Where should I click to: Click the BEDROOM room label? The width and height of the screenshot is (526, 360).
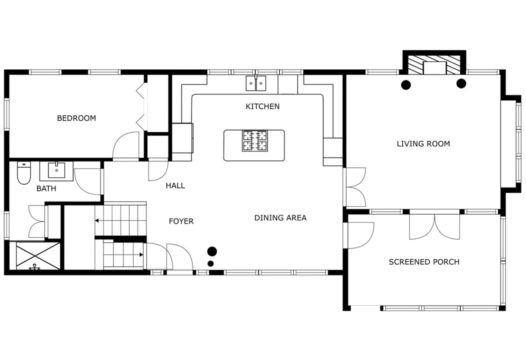tap(77, 118)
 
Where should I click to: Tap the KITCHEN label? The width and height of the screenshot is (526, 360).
tap(263, 106)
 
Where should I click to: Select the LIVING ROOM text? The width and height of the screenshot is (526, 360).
tap(423, 144)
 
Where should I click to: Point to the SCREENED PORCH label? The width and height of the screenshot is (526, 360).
tap(424, 261)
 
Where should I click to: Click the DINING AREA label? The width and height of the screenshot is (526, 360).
tap(281, 218)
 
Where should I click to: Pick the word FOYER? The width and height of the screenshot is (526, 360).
tap(181, 221)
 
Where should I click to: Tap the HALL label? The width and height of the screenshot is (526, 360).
tap(175, 186)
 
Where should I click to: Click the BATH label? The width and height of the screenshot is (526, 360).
tap(46, 188)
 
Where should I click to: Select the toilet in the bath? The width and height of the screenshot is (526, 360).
tap(24, 173)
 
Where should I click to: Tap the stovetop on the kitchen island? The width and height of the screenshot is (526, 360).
tap(255, 141)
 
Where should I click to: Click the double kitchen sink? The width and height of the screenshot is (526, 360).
tap(256, 83)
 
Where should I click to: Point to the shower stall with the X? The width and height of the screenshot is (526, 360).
tap(38, 256)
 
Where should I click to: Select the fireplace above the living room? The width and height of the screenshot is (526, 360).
tap(434, 63)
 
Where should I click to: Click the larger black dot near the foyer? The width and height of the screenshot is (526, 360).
tap(212, 251)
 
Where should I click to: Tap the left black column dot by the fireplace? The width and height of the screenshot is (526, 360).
tap(406, 85)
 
